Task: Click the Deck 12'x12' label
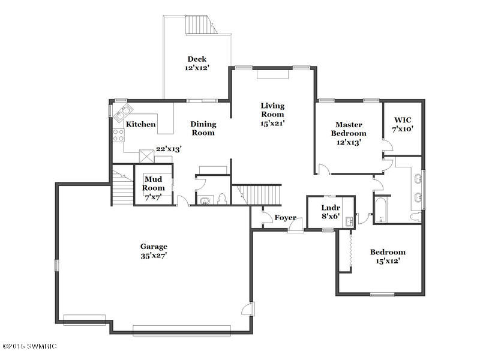click(197, 64)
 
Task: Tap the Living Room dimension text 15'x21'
click(272, 124)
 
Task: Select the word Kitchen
click(141, 124)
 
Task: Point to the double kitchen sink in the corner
click(123, 112)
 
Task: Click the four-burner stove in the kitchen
click(119, 136)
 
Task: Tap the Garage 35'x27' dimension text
click(154, 256)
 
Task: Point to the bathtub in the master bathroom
click(381, 209)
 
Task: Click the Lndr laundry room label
click(331, 208)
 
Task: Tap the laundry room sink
click(349, 221)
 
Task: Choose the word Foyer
click(286, 218)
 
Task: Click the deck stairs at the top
click(200, 25)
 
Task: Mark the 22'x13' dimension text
click(169, 149)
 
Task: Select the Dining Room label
click(203, 128)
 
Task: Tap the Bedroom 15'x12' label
click(388, 257)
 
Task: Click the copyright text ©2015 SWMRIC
click(29, 346)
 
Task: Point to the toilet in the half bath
click(221, 199)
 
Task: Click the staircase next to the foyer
click(257, 194)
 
